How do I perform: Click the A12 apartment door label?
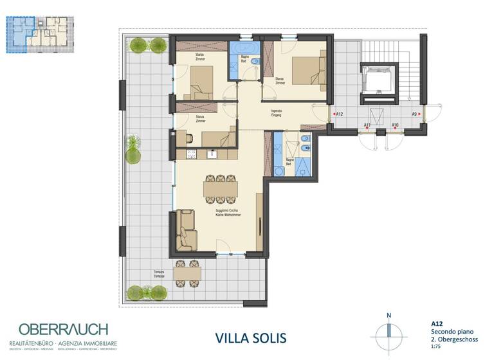coord(339,114)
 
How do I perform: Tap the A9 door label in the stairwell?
coord(414,114)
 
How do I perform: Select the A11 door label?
coord(367,125)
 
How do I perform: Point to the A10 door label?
coord(395,125)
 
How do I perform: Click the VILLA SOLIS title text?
coord(251,337)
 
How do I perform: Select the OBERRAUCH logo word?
coord(63,329)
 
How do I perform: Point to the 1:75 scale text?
coord(435,348)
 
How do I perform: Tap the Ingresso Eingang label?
coord(278,113)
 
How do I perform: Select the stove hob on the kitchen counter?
coord(190,154)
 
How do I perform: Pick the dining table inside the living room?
coord(220,188)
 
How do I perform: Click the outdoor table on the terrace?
coord(187,273)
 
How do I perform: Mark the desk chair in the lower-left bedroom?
coord(188,137)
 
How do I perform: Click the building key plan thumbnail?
coord(39,33)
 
